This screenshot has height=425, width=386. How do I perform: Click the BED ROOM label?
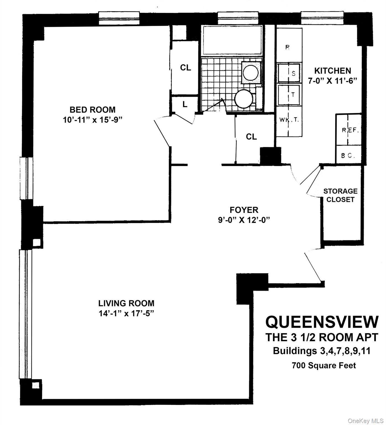pos(92,110)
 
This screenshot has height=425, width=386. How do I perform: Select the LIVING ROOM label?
pos(126,303)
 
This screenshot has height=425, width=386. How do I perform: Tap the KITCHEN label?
pos(333,71)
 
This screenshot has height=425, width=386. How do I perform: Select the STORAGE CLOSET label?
pos(340,195)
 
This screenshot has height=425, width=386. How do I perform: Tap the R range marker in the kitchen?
pos(288,47)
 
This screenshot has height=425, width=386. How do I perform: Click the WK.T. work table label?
pos(289,120)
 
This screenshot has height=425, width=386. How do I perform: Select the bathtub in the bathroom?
pos(232,40)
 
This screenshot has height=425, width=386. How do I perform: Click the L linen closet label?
pos(185,105)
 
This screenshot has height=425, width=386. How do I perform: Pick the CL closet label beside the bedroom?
pos(186,68)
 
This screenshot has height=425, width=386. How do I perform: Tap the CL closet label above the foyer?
pos(251,137)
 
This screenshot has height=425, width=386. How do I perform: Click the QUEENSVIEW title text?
pos(322,322)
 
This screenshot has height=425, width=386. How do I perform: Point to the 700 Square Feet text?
pos(324,366)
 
